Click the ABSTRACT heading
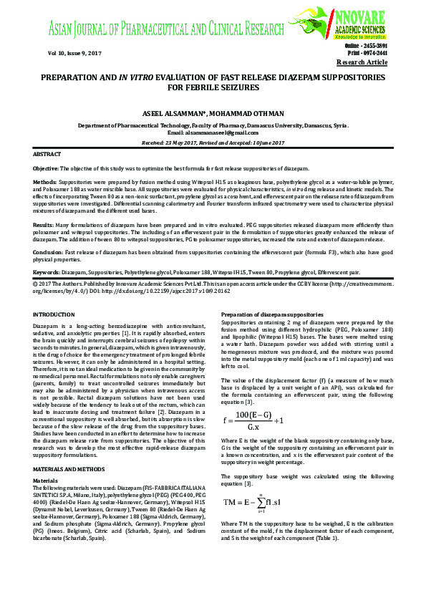(x=47, y=155)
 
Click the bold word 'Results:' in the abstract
(x=44, y=225)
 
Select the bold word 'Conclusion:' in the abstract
(x=48, y=252)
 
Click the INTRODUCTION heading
(x=54, y=315)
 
